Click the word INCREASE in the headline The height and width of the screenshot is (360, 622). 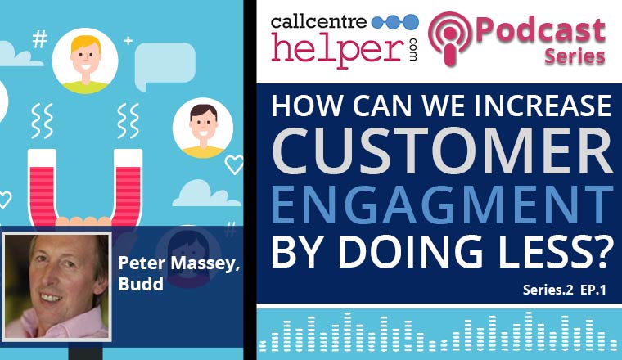(539, 108)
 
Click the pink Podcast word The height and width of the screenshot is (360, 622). (550, 29)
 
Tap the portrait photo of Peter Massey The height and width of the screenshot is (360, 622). (57, 286)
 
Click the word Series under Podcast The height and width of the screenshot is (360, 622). (575, 56)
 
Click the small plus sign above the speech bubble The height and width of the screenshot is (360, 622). (128, 39)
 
